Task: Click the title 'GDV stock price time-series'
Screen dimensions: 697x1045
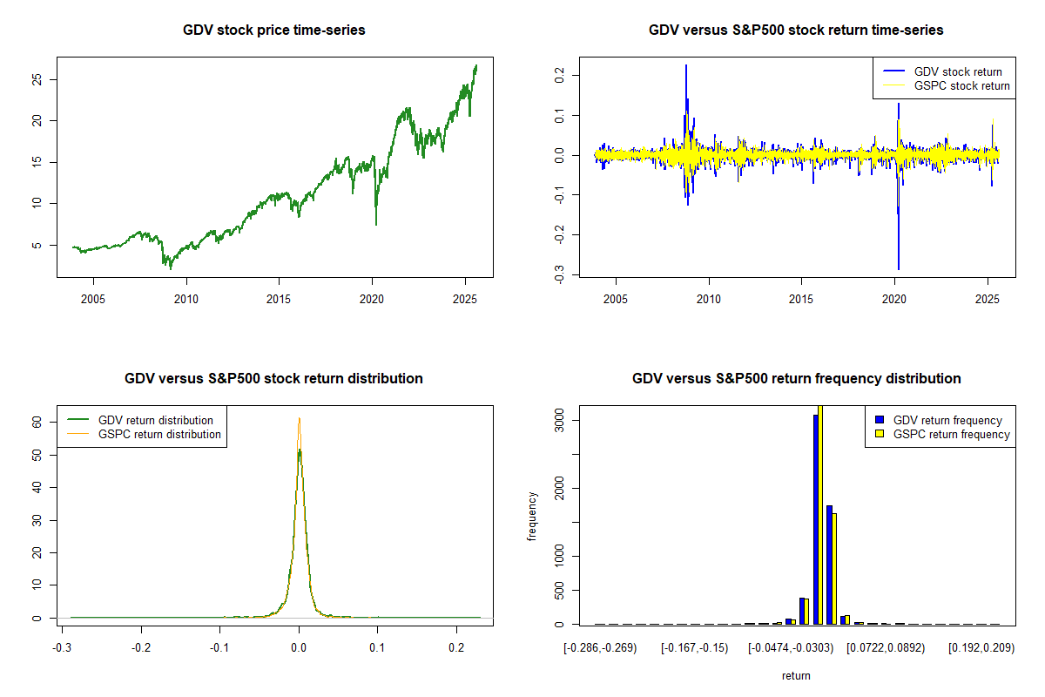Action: click(x=273, y=30)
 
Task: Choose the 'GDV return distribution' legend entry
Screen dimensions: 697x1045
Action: click(x=156, y=420)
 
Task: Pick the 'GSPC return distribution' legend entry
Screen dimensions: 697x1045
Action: click(x=159, y=434)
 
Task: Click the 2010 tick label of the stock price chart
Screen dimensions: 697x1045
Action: click(x=185, y=299)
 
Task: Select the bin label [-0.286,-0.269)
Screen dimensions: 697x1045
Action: click(x=600, y=648)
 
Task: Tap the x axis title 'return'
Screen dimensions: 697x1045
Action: click(x=796, y=675)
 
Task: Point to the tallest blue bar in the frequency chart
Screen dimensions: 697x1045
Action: click(x=816, y=519)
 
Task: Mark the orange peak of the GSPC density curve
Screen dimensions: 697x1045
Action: click(x=299, y=420)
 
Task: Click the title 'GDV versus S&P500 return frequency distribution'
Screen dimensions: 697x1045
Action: click(x=796, y=379)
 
